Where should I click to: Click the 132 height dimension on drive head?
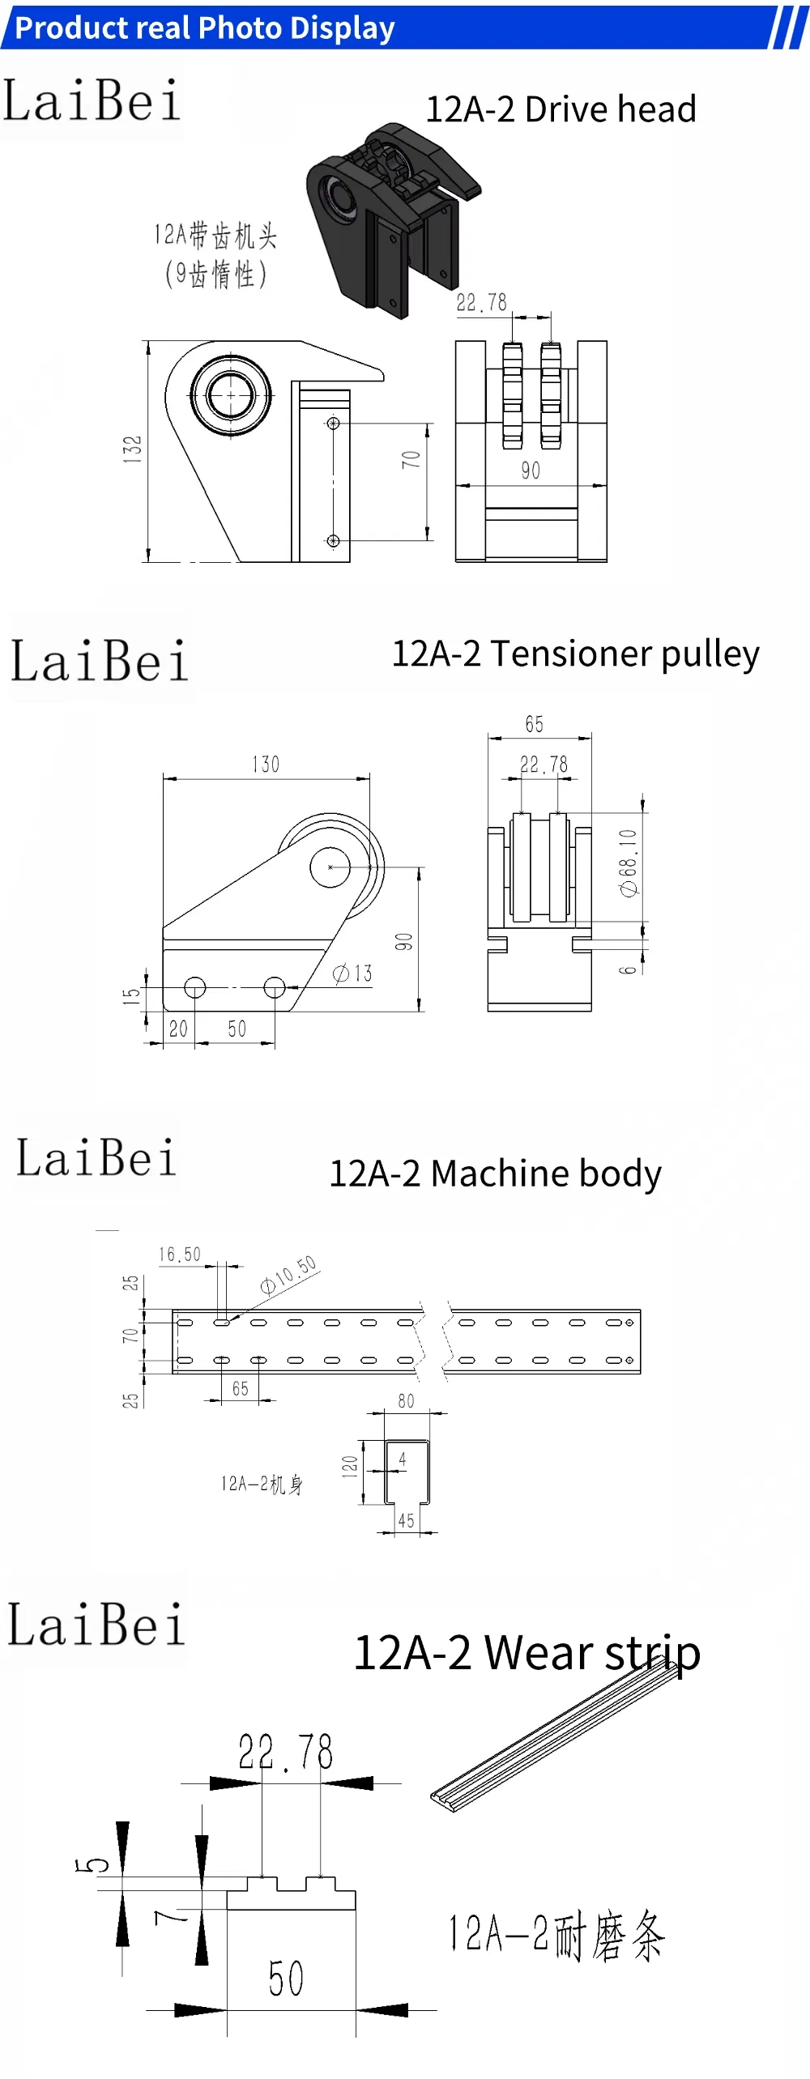click(x=132, y=449)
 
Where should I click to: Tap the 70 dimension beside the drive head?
click(x=411, y=459)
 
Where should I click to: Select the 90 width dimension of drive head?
click(x=531, y=471)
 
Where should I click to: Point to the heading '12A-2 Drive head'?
click(x=561, y=109)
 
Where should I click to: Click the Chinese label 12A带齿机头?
click(x=215, y=236)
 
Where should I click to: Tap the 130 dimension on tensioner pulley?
click(x=266, y=765)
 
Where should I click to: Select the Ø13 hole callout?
click(x=353, y=973)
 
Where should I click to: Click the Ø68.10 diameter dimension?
click(x=629, y=863)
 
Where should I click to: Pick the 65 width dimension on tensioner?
click(x=534, y=724)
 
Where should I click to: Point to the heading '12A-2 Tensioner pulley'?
click(x=575, y=654)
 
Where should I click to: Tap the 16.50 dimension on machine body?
click(x=180, y=1255)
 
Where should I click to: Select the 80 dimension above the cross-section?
click(x=406, y=1401)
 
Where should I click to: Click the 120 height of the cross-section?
click(x=349, y=1467)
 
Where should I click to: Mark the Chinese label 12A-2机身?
click(x=262, y=1484)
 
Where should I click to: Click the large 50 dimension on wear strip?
click(x=286, y=1979)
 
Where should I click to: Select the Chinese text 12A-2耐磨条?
click(x=556, y=1936)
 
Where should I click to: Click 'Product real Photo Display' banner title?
click(x=205, y=28)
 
